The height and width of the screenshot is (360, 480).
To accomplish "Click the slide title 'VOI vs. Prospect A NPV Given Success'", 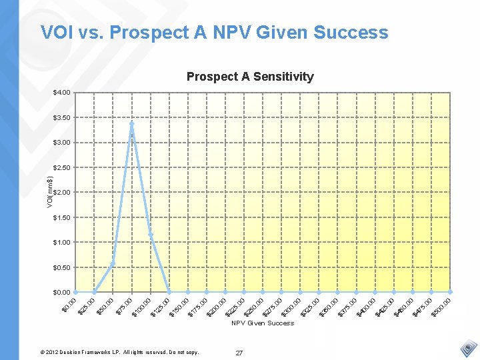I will point(214,32).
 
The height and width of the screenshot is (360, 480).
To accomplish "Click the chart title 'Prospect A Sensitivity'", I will point(250,77).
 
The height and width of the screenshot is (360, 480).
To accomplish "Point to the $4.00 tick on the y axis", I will point(62,92).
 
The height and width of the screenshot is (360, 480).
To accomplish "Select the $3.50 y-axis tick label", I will point(62,117).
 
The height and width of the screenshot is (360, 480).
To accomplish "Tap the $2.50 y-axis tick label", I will point(62,167).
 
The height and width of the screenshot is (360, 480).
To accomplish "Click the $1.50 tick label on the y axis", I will point(62,217).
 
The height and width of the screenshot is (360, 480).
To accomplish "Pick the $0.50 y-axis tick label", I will point(62,267).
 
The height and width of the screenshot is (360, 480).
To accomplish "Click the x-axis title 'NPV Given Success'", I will point(263,323).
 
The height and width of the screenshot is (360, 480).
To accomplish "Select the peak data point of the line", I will point(132,124).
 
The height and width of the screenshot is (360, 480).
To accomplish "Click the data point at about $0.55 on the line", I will point(113,264).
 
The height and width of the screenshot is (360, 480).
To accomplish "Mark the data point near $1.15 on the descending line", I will point(151,234).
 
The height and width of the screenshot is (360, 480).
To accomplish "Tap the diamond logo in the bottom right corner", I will point(469,349).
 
